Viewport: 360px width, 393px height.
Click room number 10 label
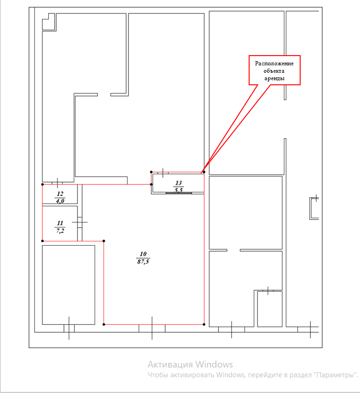click(x=143, y=254)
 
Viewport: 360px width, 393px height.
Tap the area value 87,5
click(x=143, y=262)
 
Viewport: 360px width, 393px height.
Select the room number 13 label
click(x=178, y=183)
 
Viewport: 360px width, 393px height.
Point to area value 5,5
click(x=178, y=190)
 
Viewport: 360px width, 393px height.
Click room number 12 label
click(x=60, y=194)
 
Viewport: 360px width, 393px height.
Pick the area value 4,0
click(x=60, y=201)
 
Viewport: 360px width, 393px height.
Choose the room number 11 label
click(x=60, y=223)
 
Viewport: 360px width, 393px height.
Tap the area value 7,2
click(x=60, y=231)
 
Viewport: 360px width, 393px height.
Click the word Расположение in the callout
click(x=274, y=63)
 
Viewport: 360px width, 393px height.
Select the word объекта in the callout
click(x=274, y=71)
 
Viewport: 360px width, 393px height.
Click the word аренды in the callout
click(x=274, y=78)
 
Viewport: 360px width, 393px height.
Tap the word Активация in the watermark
click(x=170, y=364)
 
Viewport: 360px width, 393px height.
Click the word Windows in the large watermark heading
click(x=214, y=364)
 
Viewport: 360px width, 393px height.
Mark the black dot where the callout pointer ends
click(x=204, y=172)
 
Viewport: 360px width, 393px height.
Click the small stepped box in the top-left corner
click(x=48, y=22)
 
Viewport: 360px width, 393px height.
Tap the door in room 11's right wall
click(x=79, y=222)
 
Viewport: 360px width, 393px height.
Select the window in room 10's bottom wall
click(x=152, y=328)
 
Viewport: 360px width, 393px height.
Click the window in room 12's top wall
click(x=57, y=183)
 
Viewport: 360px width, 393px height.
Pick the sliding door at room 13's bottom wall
click(x=179, y=193)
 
